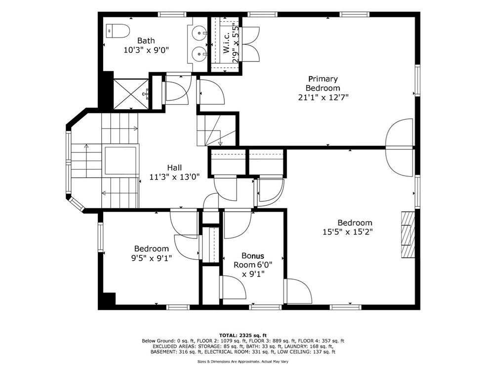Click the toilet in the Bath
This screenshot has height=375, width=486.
(118, 31)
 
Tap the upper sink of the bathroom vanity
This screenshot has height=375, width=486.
(199, 34)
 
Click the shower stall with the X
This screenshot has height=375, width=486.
(131, 93)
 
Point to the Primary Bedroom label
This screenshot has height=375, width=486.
(323, 83)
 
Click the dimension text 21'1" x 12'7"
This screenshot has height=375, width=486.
(323, 97)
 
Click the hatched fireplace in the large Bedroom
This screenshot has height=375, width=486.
(408, 234)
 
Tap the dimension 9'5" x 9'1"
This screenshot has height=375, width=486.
(151, 258)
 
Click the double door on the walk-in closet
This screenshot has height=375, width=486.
(250, 44)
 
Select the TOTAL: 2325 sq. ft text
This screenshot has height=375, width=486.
(243, 335)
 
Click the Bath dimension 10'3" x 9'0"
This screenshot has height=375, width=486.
(146, 49)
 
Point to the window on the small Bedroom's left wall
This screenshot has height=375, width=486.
(100, 237)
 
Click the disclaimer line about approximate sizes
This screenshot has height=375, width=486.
(243, 362)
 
